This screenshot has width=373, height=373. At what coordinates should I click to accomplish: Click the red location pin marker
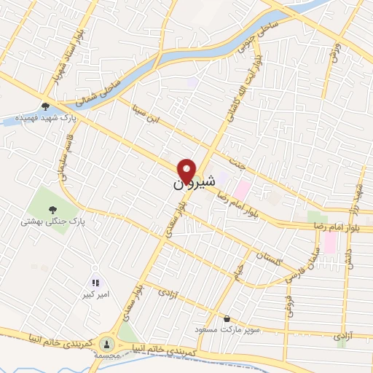point(187,170)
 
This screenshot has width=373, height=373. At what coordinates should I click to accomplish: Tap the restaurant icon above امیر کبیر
point(95,282)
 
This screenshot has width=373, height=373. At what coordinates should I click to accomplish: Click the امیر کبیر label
point(95,294)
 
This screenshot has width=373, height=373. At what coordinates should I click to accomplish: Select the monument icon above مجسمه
point(108,342)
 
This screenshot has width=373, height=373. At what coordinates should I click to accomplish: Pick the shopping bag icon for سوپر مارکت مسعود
point(228,318)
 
